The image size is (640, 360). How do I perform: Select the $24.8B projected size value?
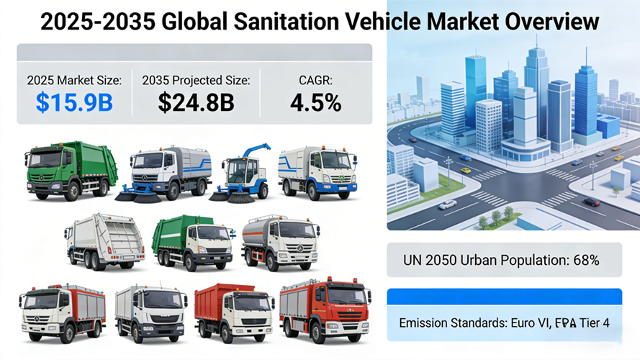click(x=196, y=103)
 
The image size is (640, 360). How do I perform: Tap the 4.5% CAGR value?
click(x=315, y=103)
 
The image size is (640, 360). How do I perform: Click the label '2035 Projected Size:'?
click(x=196, y=81)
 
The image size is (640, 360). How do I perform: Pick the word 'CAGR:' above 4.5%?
click(x=315, y=81)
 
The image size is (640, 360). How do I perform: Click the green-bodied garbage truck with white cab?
click(x=192, y=241)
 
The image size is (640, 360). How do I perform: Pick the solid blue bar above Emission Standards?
click(x=504, y=296)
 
